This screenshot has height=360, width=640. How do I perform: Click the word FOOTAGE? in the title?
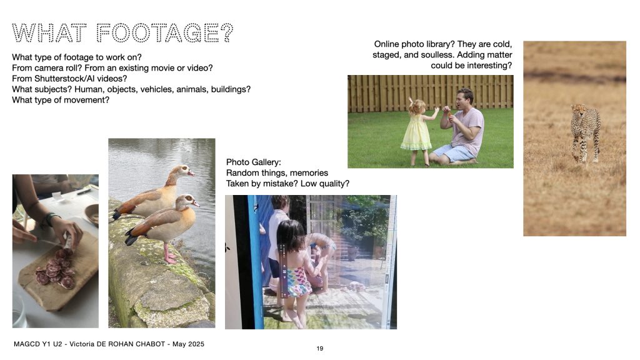(x=165, y=33)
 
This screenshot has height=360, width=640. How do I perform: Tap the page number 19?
(x=319, y=349)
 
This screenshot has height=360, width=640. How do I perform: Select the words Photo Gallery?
(x=254, y=162)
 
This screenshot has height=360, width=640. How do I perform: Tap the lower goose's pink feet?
(x=170, y=257)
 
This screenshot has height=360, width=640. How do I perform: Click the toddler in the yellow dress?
(x=418, y=131)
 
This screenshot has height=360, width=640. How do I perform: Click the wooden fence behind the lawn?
(x=430, y=93)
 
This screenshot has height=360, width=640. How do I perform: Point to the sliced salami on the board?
(x=55, y=270)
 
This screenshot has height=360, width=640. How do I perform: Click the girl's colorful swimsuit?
(x=298, y=282)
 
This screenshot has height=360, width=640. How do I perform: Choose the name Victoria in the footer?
(x=84, y=344)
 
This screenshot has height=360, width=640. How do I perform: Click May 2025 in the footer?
(x=188, y=344)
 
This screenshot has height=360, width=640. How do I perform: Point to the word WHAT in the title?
(x=49, y=33)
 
